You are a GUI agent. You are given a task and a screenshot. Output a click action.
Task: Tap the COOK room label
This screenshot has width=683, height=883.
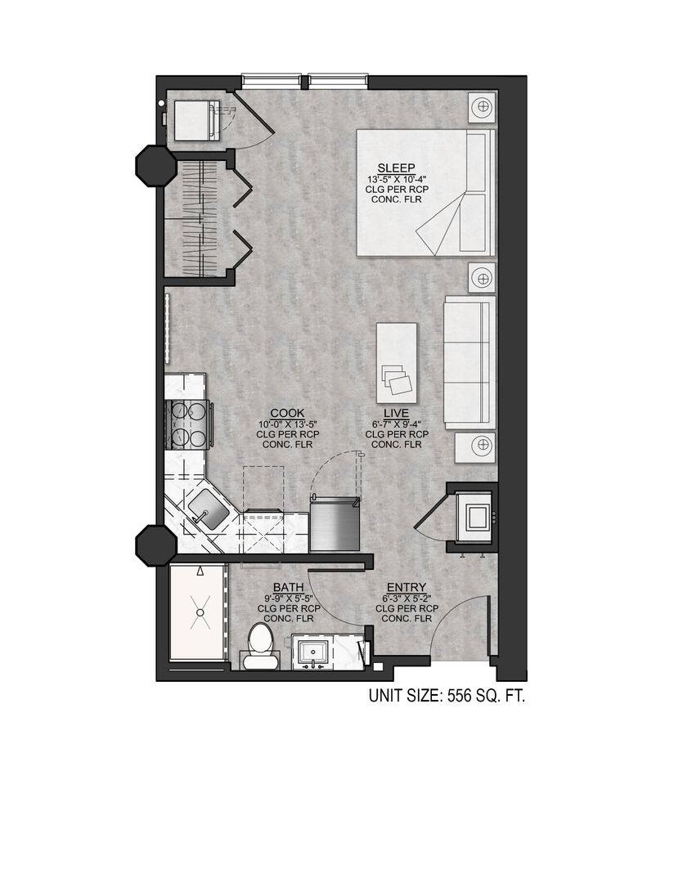287,413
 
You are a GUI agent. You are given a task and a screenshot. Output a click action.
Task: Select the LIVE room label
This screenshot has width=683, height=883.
396,413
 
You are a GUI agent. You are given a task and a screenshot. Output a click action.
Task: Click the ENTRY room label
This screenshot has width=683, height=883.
406,587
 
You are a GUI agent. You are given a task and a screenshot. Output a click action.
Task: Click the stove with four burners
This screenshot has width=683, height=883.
188,425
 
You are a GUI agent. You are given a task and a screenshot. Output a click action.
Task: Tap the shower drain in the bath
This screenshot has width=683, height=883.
199,610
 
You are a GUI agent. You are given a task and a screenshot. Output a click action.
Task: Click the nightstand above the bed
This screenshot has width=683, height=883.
483,107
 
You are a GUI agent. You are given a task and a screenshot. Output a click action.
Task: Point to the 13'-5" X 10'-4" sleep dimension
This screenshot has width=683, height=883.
396,179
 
